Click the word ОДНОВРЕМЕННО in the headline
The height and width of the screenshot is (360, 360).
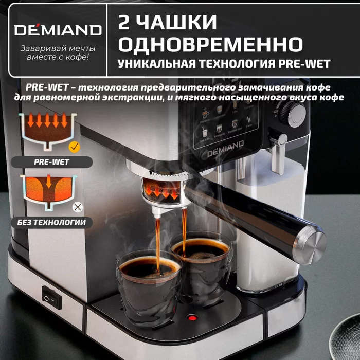[209, 44]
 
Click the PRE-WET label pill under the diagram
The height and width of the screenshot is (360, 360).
[51, 162]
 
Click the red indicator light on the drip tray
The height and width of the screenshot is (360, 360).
[193, 317]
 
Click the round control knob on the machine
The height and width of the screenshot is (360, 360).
[295, 110]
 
